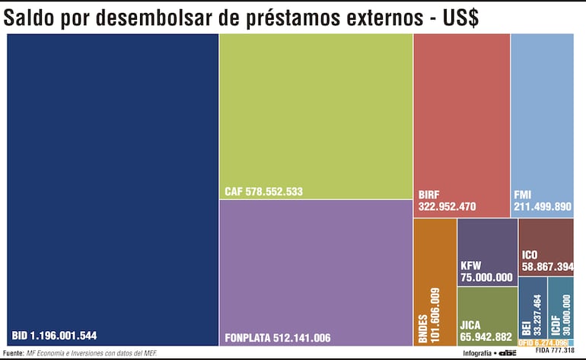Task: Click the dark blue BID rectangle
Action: tap(113, 183)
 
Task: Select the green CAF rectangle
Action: tap(316, 114)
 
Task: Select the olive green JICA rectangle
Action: tap(487, 312)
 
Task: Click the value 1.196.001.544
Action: tap(64, 335)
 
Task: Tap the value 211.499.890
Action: tap(542, 205)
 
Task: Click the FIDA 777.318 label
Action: tap(555, 351)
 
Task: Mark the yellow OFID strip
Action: tap(543, 342)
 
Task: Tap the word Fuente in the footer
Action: tap(13, 353)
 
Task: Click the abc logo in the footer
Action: tap(509, 353)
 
